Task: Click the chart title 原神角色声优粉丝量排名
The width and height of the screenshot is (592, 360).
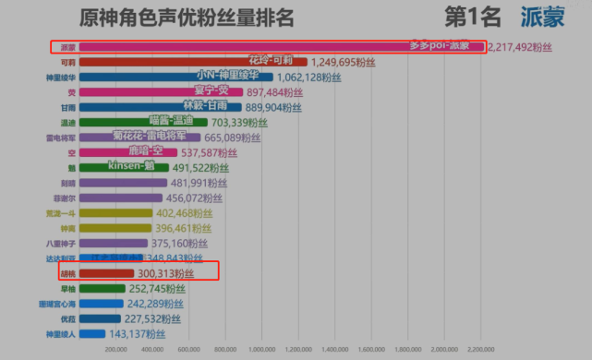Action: (x=201, y=17)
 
